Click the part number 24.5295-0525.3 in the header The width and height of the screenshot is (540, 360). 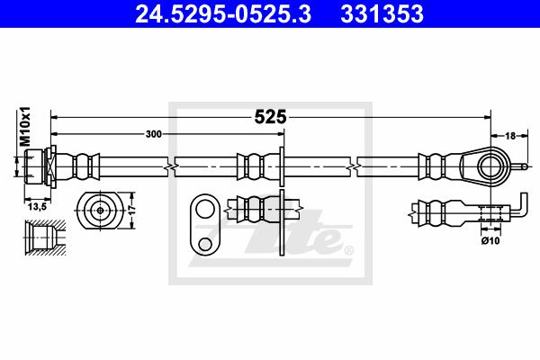223,13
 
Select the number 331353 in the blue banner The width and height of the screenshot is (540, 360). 382,13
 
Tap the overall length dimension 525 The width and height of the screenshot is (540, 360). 270,117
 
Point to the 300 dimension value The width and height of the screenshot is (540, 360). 154,134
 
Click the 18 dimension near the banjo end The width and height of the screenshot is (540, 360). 510,136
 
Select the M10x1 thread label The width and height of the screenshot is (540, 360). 25,126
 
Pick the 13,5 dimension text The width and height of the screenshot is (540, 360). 37,207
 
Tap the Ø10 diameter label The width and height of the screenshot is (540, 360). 490,241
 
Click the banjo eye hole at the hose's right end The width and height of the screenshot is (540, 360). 490,166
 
